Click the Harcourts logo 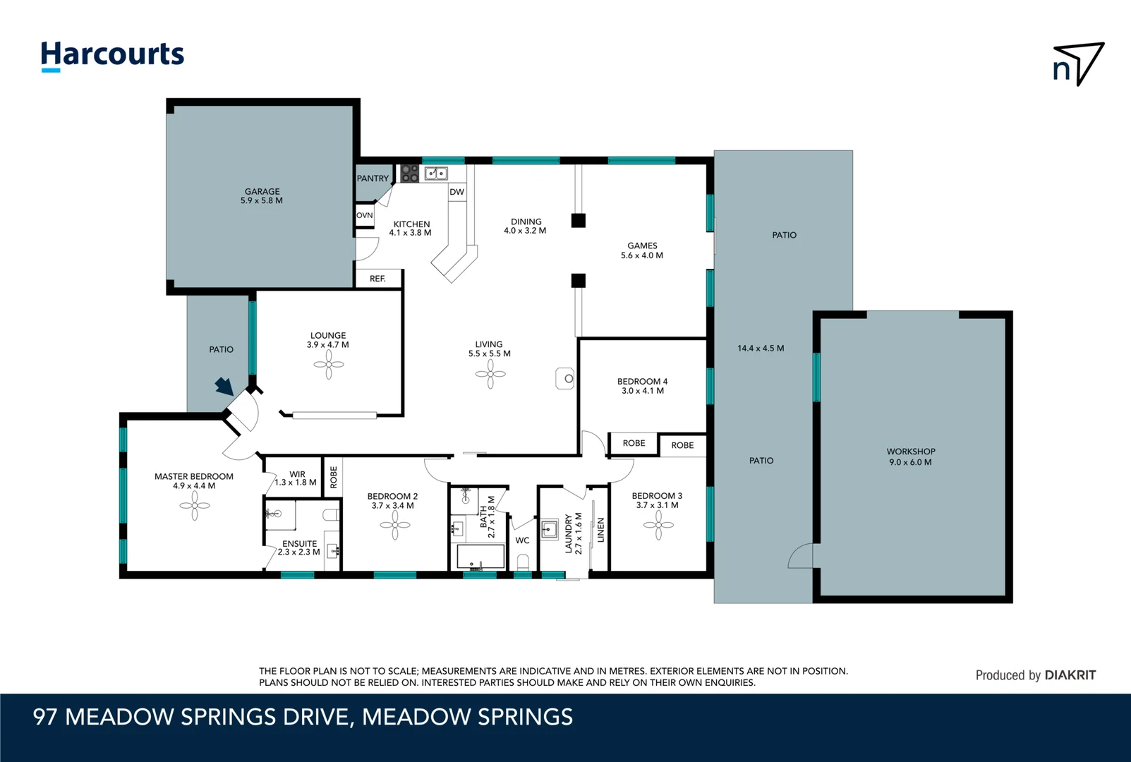tap(112, 55)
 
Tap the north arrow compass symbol tap(1077, 64)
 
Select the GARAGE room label tap(262, 196)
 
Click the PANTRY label tap(373, 179)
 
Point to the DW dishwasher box tap(457, 192)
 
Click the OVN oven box tap(365, 215)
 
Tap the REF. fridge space tap(378, 279)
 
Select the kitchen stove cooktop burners tap(410, 174)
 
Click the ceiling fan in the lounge tap(329, 365)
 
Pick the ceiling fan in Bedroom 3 tap(658, 525)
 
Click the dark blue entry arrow tap(224, 386)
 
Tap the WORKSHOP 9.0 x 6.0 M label tap(911, 456)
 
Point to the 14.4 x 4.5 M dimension tap(761, 348)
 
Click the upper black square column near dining tap(579, 220)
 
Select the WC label tap(522, 540)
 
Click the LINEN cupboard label tap(601, 530)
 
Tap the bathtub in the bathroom tap(480, 557)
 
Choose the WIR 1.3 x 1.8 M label tap(296, 478)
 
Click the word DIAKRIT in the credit tap(1070, 675)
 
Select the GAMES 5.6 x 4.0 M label tap(642, 250)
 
